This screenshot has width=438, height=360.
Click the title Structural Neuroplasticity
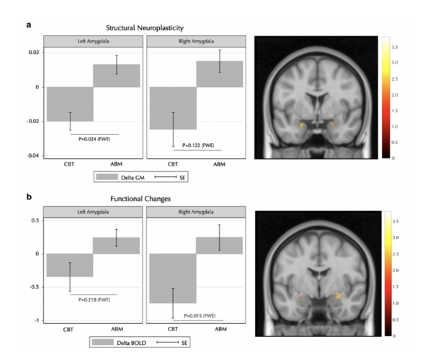tap(145, 28)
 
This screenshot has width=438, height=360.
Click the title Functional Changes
tap(140, 199)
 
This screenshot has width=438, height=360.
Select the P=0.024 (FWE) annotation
tap(94, 139)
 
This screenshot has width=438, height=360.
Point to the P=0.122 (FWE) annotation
tap(198, 145)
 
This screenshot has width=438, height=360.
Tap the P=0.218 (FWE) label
tap(94, 300)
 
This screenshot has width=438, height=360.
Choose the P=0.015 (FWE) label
tap(200, 315)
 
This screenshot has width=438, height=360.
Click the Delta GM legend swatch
tap(107, 177)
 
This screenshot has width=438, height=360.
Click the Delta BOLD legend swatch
tap(103, 342)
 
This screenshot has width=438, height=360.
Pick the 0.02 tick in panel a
tap(34, 53)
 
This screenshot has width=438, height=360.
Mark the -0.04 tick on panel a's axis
tap(32, 156)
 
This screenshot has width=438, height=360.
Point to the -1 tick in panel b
tap(37, 320)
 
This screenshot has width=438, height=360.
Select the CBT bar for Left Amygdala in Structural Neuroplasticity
tap(70, 104)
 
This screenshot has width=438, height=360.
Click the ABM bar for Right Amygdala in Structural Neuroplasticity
tap(220, 74)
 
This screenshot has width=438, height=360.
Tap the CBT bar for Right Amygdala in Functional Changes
tap(173, 279)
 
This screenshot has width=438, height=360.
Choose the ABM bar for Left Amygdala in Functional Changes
tap(116, 246)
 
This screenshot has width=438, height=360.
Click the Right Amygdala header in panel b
tap(196, 212)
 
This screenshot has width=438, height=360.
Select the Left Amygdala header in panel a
tap(94, 41)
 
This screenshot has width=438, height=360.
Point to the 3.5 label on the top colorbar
tap(395, 48)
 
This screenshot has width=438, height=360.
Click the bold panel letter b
tap(29, 197)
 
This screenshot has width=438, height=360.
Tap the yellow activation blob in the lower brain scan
tap(339, 297)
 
